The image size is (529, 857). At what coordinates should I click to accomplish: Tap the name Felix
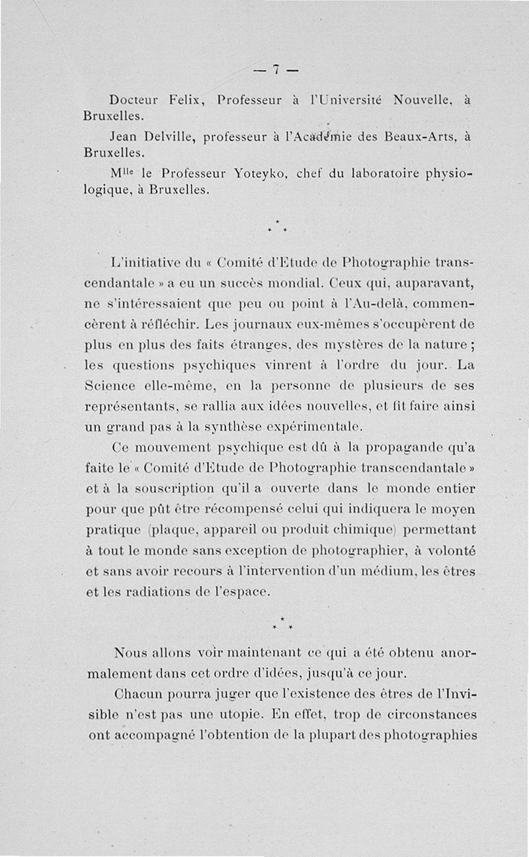(x=188, y=100)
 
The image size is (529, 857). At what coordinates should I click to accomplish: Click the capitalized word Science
(x=112, y=385)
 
